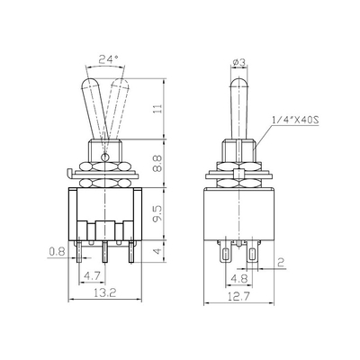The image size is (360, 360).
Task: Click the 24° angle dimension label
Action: pyautogui.click(x=108, y=60)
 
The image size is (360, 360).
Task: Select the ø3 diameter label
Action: pyautogui.click(x=239, y=62)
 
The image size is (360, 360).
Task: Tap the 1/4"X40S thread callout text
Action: pyautogui.click(x=295, y=121)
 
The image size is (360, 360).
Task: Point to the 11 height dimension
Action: pyautogui.click(x=158, y=108)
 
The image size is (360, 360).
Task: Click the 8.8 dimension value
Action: pyautogui.click(x=158, y=163)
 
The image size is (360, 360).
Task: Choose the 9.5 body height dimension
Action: pyautogui.click(x=158, y=213)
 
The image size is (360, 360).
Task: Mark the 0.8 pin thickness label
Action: pyautogui.click(x=57, y=251)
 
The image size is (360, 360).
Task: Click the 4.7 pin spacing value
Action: pyautogui.click(x=92, y=276)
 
